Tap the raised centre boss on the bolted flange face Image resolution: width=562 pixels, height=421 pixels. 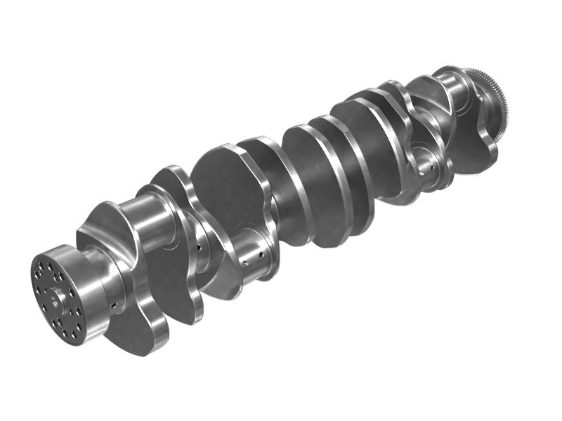pos(55,298)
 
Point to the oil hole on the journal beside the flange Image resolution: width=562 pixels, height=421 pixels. pos(112,306)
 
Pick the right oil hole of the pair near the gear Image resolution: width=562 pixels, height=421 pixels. pos(437,163)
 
